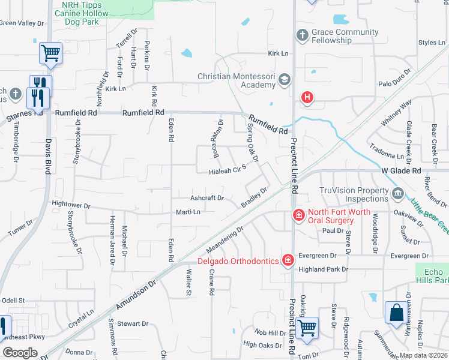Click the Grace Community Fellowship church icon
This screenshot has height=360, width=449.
pyautogui.click(x=302, y=36)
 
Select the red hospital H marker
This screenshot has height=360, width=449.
pyautogui.click(x=307, y=97)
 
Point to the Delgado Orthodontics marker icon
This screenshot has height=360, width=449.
pyautogui.click(x=288, y=260)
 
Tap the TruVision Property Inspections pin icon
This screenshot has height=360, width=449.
pyautogui.click(x=397, y=194)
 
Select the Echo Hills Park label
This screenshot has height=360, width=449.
pyautogui.click(x=432, y=276)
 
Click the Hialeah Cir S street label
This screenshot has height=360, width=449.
pyautogui.click(x=228, y=170)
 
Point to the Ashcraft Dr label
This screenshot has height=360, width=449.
pyautogui.click(x=206, y=197)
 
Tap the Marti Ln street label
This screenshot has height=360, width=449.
pyautogui.click(x=187, y=212)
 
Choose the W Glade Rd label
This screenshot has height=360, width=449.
pyautogui.click(x=401, y=171)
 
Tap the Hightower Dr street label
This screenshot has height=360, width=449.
pyautogui.click(x=71, y=205)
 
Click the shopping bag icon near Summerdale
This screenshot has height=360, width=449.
pyautogui.click(x=396, y=314)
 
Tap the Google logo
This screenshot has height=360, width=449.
pyautogui.click(x=20, y=353)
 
